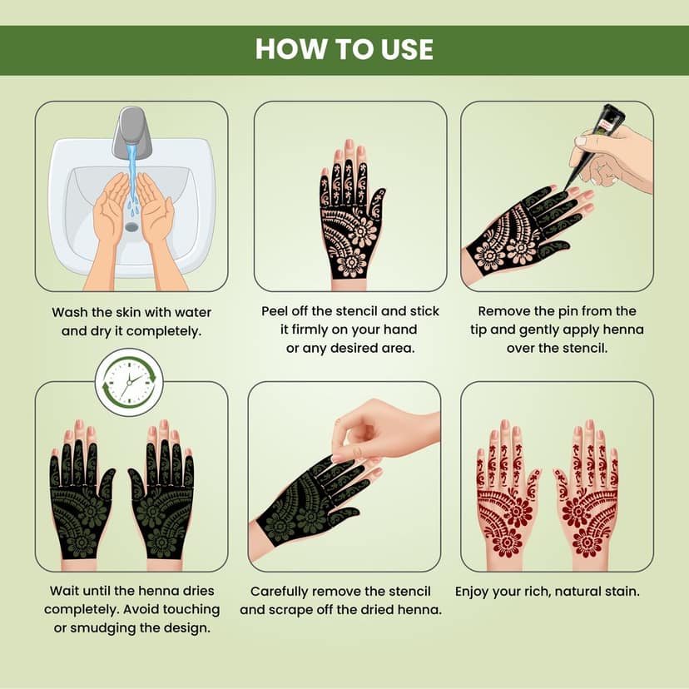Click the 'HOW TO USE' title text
coord(344,49)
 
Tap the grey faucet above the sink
coord(132,131)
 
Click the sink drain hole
coord(131,226)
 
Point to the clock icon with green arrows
coord(129,382)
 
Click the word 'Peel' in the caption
coord(275,311)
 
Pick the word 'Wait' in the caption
coord(64,591)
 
